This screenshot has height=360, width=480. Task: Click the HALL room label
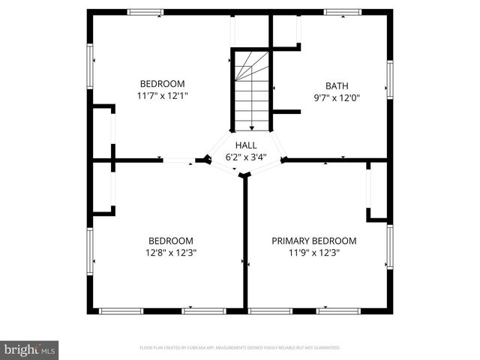coord(246,145)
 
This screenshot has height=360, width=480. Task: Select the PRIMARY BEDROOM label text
coord(313,241)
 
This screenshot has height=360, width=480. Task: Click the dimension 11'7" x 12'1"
coord(162,96)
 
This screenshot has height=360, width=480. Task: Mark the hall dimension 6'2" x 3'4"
coord(246,157)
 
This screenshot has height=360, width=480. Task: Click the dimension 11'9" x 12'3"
coord(313,253)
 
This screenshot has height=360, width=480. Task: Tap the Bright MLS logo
coord(29,349)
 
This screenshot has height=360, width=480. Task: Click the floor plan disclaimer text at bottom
coord(240,348)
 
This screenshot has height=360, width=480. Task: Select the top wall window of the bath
coord(342,11)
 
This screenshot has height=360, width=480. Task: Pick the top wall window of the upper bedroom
coord(145,11)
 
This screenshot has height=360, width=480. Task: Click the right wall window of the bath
coord(390,79)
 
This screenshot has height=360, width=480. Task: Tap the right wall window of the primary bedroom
coord(390,247)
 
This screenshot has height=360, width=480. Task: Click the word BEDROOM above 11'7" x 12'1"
coord(162,84)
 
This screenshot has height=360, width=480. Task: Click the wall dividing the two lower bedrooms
coord(244,240)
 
